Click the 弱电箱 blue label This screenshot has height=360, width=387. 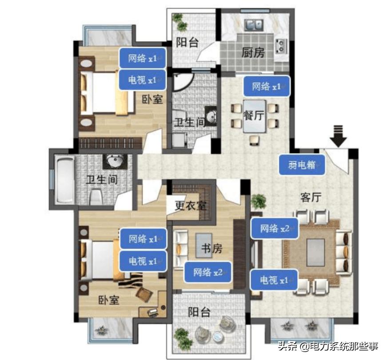coord(303,165)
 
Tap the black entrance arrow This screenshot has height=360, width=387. coord(339,136)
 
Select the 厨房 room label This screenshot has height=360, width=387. coord(253,53)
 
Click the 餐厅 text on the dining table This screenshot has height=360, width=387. coord(254,115)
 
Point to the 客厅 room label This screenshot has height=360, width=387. coord(311,198)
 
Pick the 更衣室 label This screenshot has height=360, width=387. coord(190,206)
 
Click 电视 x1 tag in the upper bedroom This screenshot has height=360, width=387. coord(142,80)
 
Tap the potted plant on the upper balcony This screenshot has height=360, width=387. coord(178,19)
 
